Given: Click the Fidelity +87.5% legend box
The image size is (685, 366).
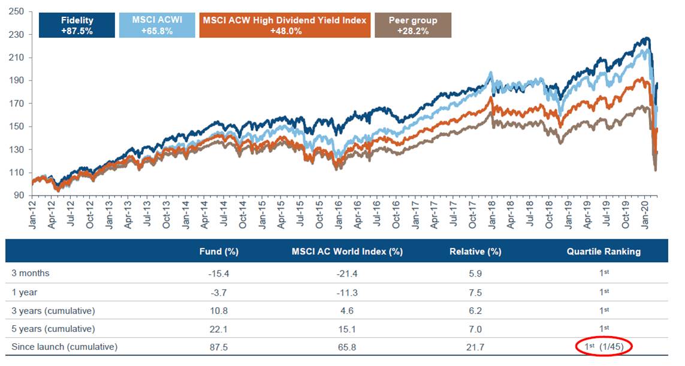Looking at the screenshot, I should click(77, 25).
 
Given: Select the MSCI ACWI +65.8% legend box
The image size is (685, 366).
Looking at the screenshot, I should click(158, 25).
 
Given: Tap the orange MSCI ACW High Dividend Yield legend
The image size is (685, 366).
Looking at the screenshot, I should click(285, 25).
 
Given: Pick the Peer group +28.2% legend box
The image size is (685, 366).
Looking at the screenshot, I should click(413, 25).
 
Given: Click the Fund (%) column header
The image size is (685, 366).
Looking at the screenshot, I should click(219, 251).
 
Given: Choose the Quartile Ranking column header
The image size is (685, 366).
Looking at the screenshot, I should click(603, 251).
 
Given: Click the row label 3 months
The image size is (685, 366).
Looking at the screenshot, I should click(31, 273).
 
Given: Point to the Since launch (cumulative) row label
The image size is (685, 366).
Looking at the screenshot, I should click(64, 347).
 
